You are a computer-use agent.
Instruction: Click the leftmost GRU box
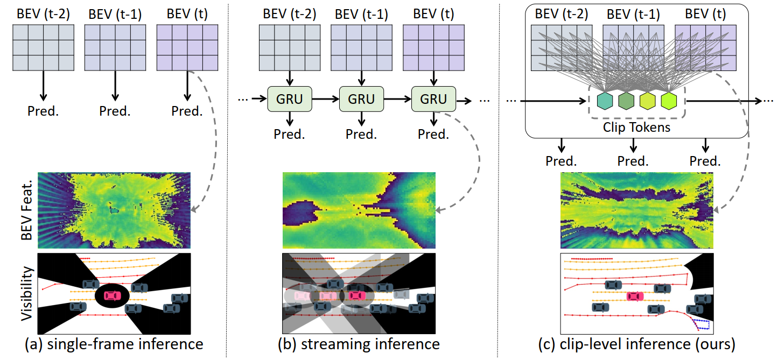(289, 100)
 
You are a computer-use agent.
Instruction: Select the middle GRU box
(361, 100)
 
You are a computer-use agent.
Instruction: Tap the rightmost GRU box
(433, 100)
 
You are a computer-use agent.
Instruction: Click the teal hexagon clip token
(605, 101)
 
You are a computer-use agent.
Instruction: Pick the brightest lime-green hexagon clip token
(668, 101)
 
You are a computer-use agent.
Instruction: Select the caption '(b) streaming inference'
(360, 344)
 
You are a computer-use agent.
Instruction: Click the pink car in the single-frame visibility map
(112, 295)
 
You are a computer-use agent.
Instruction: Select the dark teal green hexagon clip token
(626, 101)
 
